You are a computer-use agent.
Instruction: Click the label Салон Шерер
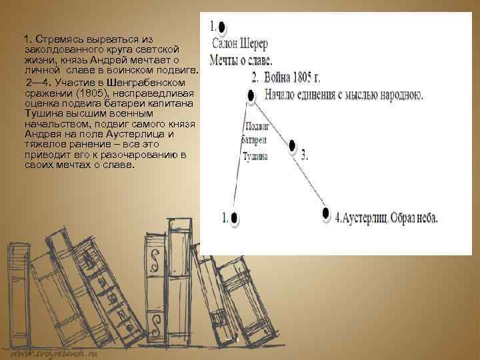(x=241, y=45)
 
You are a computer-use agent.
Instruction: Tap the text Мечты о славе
(x=241, y=60)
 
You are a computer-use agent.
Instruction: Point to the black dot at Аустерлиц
(x=325, y=213)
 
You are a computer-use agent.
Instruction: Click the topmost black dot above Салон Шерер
(x=222, y=28)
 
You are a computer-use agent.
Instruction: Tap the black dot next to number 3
(x=293, y=145)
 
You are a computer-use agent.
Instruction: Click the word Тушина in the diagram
(x=255, y=157)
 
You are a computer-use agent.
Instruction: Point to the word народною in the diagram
(x=395, y=95)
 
